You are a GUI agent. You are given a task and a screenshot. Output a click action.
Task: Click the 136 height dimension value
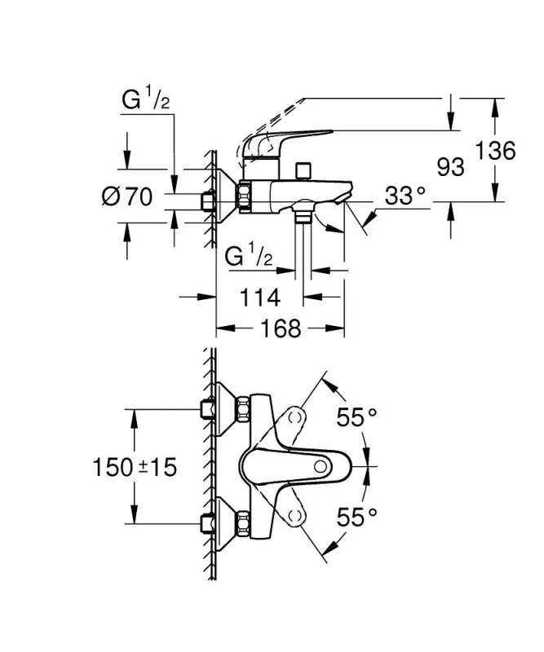(x=497, y=152)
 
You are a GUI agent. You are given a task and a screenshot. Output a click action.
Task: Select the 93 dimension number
(x=450, y=167)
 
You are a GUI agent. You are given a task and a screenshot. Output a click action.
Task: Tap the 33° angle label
(x=405, y=196)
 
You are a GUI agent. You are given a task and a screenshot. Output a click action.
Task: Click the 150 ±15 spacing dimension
(x=135, y=467)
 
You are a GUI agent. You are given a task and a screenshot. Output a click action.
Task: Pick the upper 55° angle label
(x=358, y=417)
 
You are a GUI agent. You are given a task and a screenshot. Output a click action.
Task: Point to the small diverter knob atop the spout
(x=305, y=170)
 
